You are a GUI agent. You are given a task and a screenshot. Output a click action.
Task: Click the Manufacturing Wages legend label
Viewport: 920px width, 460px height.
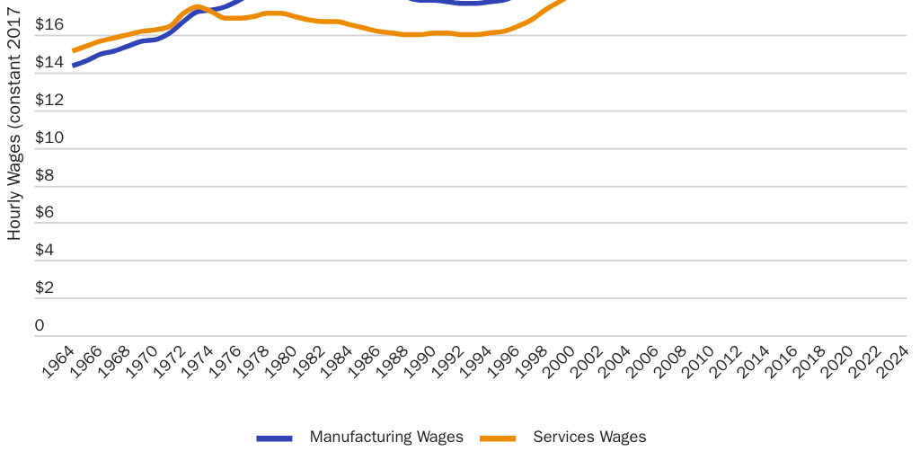point(386,438)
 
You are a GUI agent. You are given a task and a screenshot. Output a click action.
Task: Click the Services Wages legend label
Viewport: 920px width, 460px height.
point(589,438)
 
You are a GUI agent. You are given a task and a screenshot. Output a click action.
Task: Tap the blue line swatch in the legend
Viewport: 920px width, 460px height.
point(274,438)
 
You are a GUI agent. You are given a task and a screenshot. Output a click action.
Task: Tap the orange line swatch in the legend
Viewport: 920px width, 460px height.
point(498,438)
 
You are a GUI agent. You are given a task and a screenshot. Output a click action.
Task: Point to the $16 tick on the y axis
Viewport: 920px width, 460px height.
point(49,24)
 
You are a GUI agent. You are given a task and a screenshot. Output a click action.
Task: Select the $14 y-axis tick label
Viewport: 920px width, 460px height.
point(49,62)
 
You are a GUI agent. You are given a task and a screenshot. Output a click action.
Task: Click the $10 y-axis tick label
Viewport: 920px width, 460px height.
point(49,137)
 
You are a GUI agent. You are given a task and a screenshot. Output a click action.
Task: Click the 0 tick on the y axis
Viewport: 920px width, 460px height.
point(40,325)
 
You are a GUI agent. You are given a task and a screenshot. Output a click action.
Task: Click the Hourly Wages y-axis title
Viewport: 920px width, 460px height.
point(14,126)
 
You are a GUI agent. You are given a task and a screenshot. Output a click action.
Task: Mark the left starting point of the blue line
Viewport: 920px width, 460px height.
point(74,65)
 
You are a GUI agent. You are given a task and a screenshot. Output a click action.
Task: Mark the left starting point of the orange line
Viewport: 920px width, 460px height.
point(74,50)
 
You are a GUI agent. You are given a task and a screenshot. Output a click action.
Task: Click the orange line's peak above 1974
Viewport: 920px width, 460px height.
point(197,7)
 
